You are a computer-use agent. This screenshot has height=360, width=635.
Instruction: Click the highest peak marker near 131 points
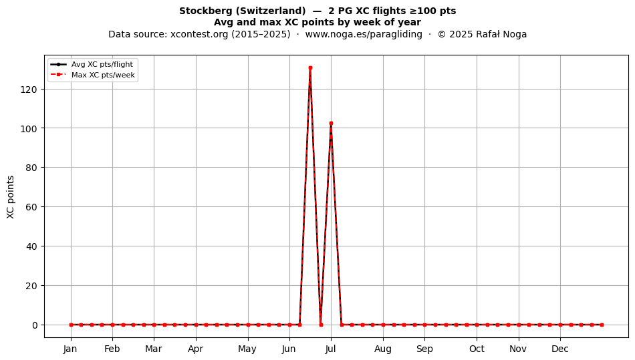(x=310, y=68)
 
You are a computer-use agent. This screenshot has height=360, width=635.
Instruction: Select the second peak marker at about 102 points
(x=331, y=124)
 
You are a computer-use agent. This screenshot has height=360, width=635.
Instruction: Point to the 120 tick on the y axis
(x=29, y=89)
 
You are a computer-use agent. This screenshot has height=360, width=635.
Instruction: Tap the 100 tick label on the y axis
(x=29, y=129)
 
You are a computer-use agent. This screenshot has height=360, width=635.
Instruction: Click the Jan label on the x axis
(x=70, y=349)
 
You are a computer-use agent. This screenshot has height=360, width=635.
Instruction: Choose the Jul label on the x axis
(x=331, y=349)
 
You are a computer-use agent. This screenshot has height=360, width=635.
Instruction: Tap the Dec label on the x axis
(x=560, y=349)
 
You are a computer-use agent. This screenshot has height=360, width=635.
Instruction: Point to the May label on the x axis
(x=247, y=349)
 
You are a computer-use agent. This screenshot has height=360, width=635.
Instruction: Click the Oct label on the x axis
(x=477, y=349)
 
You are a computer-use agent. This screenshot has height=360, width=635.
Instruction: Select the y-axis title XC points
(x=11, y=197)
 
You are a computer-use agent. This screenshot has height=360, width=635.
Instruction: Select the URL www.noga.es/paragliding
(x=364, y=34)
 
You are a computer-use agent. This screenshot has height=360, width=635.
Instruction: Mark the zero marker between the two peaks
(x=321, y=325)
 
